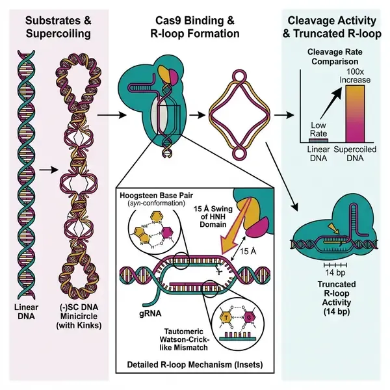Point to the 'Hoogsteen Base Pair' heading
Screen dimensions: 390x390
tap(154, 194)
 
